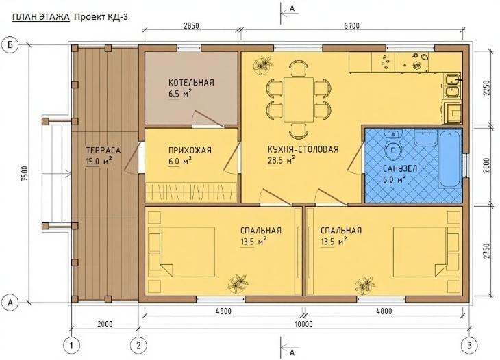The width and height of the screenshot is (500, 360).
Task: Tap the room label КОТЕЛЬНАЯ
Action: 191,82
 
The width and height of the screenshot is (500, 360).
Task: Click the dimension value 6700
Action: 351,27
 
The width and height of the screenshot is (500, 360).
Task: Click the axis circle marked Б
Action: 11,44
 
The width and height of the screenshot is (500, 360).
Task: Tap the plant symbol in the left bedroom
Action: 238,281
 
